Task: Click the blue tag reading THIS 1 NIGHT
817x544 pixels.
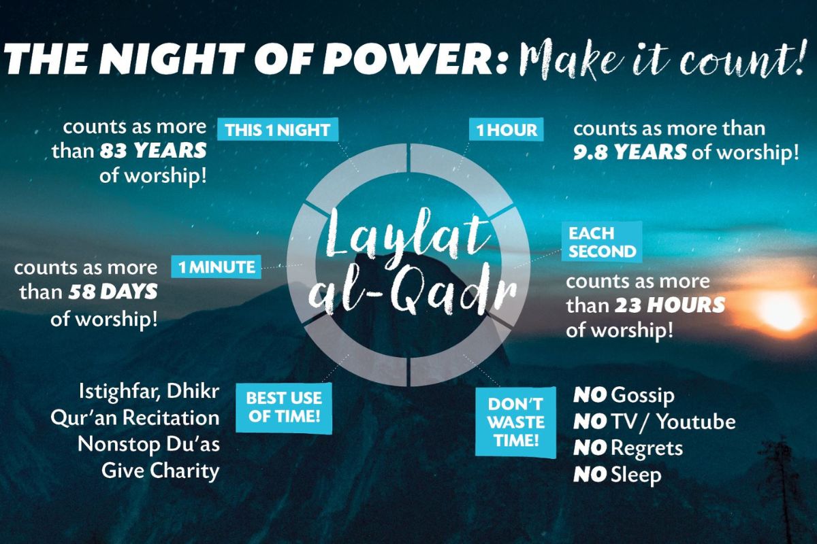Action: point(278,129)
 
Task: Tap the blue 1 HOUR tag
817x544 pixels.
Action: point(507,129)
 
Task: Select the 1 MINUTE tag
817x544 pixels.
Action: point(217,267)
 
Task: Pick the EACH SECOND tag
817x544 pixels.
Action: point(602,242)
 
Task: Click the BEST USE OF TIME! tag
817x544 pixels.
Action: point(284,407)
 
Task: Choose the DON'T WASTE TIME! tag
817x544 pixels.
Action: point(516,422)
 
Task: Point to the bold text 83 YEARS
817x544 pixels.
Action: point(154,151)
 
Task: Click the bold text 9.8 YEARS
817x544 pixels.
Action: point(630,152)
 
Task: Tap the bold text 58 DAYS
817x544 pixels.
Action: point(113,292)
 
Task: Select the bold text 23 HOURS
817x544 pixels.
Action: point(670,305)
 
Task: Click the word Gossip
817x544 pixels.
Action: point(643,396)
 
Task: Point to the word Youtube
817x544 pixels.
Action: point(696,421)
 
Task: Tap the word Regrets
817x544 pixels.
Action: point(647,449)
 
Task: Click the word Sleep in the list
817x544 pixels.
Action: point(636,475)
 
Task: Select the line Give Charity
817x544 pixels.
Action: point(161,471)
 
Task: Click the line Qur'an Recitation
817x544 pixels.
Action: point(135,418)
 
